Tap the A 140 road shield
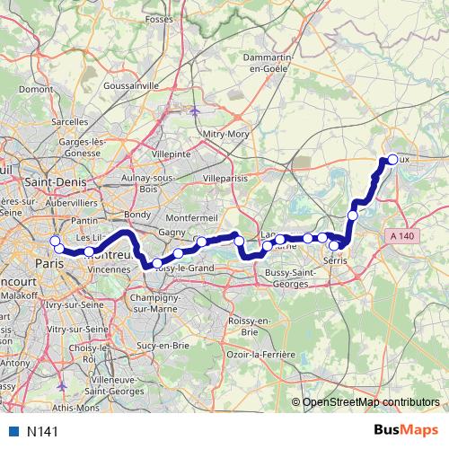click(404, 234)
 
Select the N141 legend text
click(42, 432)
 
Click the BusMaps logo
click(406, 431)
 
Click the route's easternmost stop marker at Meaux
click(392, 160)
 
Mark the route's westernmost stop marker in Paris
click(55, 241)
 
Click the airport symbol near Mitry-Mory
click(197, 111)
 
